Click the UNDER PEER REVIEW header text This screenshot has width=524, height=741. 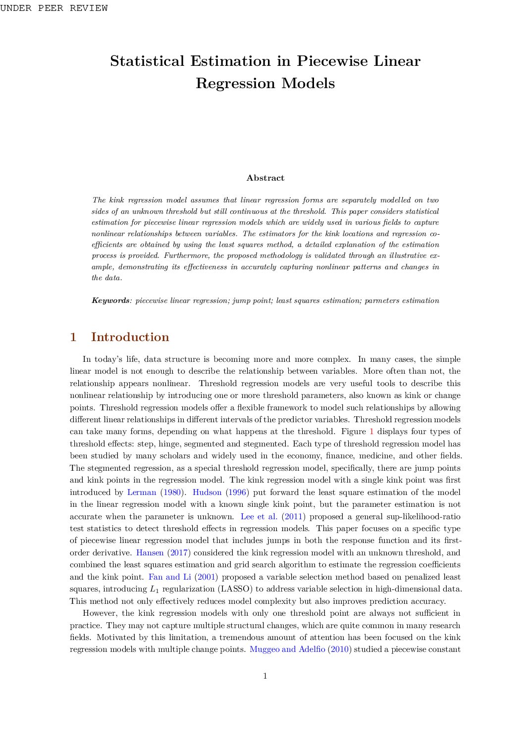point(54,8)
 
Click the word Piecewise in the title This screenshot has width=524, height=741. point(332,61)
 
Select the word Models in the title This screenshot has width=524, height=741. point(308,83)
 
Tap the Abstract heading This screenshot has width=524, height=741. point(265,178)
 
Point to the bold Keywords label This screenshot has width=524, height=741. point(110,300)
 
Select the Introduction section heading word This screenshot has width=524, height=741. point(130,337)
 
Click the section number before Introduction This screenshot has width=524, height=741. point(73,337)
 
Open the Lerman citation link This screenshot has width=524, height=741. point(142,493)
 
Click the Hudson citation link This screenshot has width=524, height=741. point(207,493)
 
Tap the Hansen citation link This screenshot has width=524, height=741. point(150,553)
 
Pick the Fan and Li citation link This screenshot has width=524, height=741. point(169,577)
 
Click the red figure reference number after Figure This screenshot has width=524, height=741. point(372,432)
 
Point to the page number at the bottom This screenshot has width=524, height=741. point(265,676)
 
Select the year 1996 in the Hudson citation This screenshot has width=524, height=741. point(237,493)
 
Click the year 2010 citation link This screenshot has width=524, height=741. point(339,649)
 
